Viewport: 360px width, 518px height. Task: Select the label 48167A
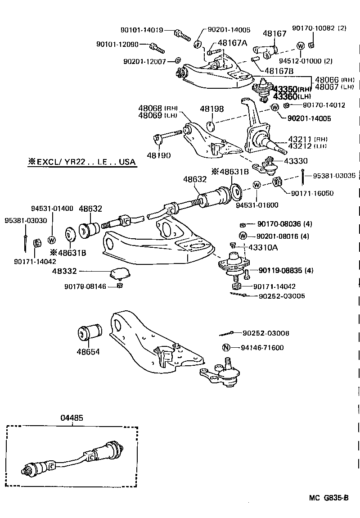tap(232, 43)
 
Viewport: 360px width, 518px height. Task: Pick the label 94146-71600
tap(262, 347)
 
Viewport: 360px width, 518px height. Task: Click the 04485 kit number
tap(72, 418)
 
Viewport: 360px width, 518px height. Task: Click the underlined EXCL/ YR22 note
tap(81, 162)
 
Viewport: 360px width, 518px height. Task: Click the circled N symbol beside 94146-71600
tap(226, 347)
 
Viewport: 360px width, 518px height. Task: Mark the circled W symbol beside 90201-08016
tap(243, 236)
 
